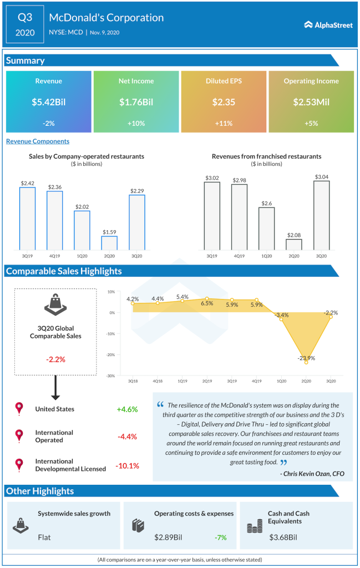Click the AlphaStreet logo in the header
click(328, 24)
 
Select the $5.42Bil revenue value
click(49, 102)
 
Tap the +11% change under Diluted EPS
click(224, 123)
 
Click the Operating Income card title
click(311, 81)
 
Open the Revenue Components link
click(38, 141)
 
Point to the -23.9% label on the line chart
click(306, 358)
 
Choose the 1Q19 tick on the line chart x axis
click(182, 382)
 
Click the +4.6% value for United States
click(127, 409)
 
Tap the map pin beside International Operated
click(20, 436)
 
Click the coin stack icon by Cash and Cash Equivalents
click(253, 526)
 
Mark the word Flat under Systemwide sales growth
click(45, 537)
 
